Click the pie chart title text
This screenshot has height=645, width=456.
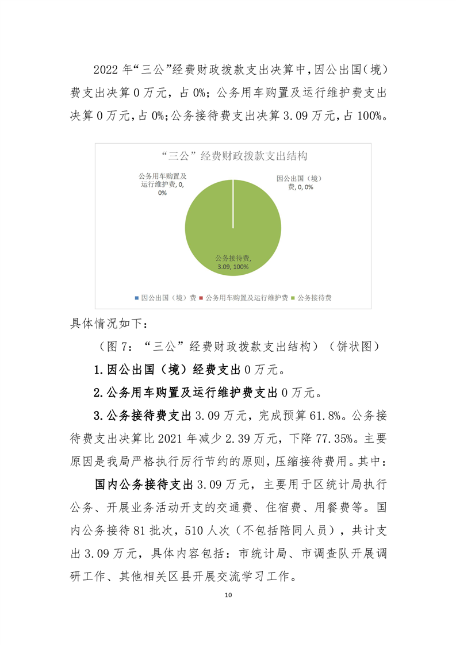[x=233, y=155]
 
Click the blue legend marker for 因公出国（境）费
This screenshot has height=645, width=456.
[x=137, y=298]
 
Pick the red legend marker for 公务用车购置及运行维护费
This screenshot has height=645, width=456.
[x=202, y=298]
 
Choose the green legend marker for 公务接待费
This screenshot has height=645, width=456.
[x=294, y=298]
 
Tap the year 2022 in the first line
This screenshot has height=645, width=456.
[x=105, y=70]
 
